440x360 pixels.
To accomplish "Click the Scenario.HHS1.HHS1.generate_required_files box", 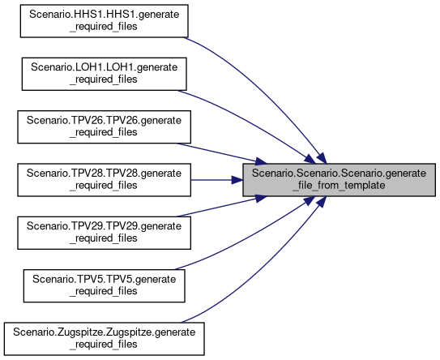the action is tap(104, 21).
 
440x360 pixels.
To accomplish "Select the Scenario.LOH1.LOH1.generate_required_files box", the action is tap(104, 74).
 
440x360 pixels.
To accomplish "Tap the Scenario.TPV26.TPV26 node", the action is tap(104, 127).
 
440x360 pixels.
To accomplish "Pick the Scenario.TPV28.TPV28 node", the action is tap(104, 180).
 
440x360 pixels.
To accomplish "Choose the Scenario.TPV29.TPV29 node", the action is tap(104, 233).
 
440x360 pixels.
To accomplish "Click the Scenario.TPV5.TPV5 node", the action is tap(104, 286).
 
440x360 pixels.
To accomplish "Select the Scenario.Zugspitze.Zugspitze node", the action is tap(104, 339).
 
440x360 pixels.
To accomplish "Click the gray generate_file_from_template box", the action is tap(339, 180).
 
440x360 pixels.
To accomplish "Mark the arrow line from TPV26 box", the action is tap(222, 153).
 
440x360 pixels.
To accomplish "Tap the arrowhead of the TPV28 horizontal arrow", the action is tap(237, 180).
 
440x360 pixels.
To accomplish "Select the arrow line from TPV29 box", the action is tap(222, 206).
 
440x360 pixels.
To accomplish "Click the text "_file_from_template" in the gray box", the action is tap(339, 186).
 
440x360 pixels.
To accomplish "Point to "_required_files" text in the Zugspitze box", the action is tap(104, 345).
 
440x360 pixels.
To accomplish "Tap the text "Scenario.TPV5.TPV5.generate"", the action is tap(104, 280).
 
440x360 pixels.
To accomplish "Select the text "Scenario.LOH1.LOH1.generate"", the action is tap(104, 67).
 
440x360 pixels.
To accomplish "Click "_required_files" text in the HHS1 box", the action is tap(104, 27).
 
